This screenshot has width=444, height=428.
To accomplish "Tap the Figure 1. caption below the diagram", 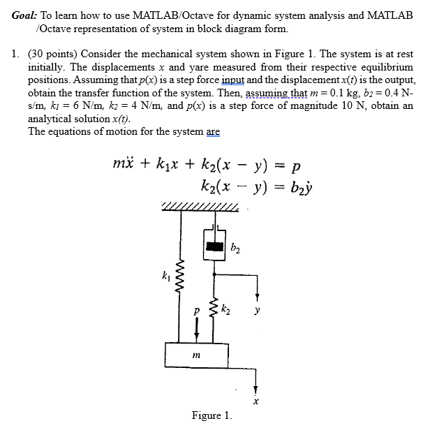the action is pyautogui.click(x=212, y=416).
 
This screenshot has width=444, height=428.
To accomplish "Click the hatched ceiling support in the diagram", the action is pyautogui.click(x=200, y=206).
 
